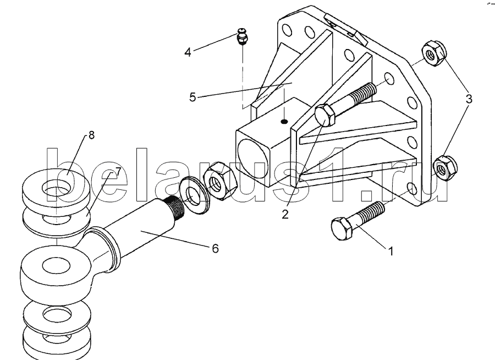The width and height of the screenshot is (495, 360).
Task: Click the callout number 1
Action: tap(391, 252)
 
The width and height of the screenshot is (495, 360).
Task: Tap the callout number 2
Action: tap(285, 214)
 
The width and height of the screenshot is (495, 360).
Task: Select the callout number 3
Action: tap(469, 99)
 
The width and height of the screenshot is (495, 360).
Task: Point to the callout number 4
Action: tap(188, 52)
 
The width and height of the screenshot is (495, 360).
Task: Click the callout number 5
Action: tap(193, 97)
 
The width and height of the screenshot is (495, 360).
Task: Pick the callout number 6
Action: tap(215, 248)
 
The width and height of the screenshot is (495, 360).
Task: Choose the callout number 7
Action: tap(118, 172)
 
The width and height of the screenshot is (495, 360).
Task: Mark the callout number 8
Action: tap(91, 135)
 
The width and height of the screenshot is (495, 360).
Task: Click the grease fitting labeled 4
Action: tap(242, 36)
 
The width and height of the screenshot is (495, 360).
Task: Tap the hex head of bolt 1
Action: tap(342, 228)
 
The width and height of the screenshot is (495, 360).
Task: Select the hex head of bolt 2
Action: tap(325, 116)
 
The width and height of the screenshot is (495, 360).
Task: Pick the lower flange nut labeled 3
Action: tap(445, 168)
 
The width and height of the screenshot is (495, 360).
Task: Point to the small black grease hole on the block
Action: tap(284, 121)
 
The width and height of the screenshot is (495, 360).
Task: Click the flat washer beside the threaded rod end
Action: tap(194, 195)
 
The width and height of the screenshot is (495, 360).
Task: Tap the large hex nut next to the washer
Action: tap(221, 181)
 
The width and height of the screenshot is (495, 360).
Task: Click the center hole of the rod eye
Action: tap(56, 266)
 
